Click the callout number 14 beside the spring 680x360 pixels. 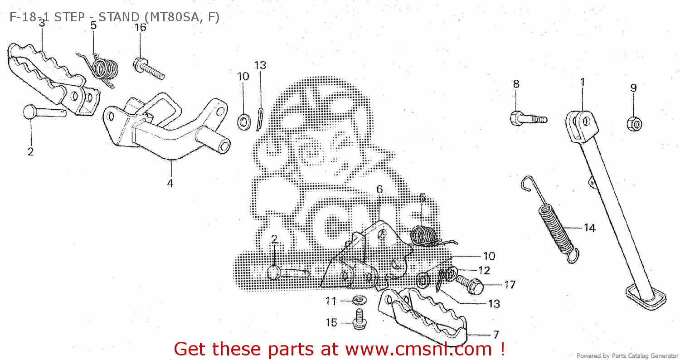pyautogui.click(x=589, y=228)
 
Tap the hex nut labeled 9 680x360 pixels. pyautogui.click(x=634, y=123)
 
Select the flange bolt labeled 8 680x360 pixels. pyautogui.click(x=528, y=119)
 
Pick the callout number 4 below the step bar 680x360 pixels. pyautogui.click(x=170, y=184)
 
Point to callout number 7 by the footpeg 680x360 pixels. pyautogui.click(x=496, y=335)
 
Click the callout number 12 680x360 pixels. pyautogui.click(x=484, y=270)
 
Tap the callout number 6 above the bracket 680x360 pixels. pyautogui.click(x=379, y=190)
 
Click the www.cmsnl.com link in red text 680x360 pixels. pyautogui.click(x=418, y=349)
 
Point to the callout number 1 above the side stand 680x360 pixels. pyautogui.click(x=583, y=83)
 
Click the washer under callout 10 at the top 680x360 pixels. pyautogui.click(x=243, y=122)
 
